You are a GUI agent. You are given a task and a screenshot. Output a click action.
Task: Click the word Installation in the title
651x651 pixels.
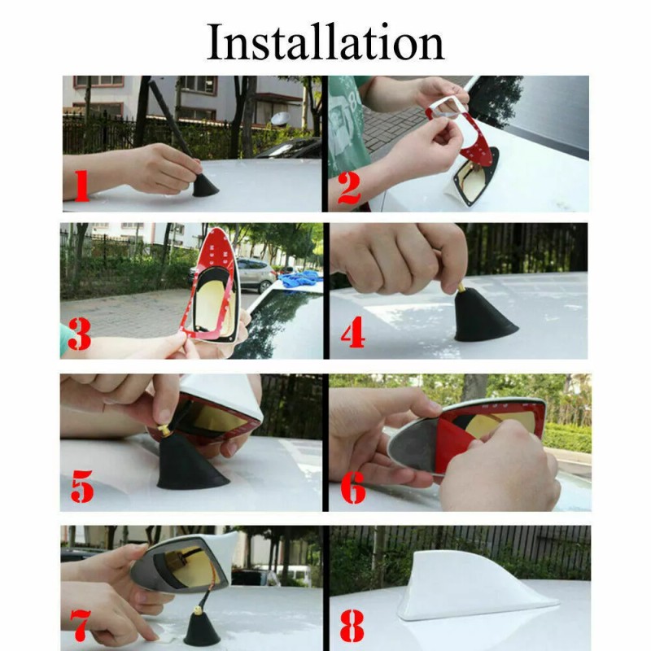tap(325, 42)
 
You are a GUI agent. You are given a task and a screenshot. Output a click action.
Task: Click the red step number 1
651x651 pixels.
tap(81, 186)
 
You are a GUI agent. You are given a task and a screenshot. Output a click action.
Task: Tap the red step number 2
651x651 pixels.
tap(349, 189)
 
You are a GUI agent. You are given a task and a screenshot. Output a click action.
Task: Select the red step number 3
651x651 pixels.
tap(79, 334)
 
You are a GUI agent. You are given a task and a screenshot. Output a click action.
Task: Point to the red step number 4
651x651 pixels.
tap(353, 333)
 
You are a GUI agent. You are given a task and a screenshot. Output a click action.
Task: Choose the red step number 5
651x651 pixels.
tap(82, 486)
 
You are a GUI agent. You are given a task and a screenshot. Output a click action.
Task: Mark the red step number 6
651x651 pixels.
tap(353, 486)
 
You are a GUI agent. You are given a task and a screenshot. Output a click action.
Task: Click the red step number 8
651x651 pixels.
tap(352, 626)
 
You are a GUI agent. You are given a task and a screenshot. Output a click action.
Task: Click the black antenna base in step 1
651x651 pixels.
tap(205, 186)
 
